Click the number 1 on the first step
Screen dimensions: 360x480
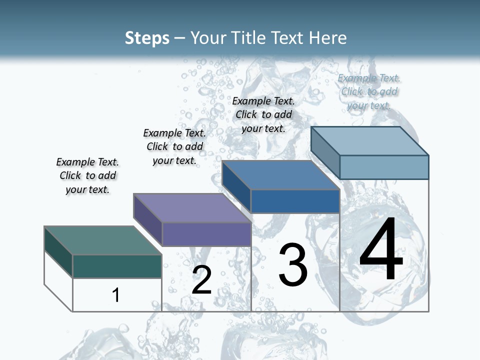pos(116,295)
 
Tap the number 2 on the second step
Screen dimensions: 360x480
pos(201,280)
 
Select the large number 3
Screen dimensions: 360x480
pos(293,265)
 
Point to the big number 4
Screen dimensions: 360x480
pos(381,249)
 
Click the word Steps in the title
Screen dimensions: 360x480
pos(147,38)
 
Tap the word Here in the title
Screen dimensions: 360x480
pos(328,38)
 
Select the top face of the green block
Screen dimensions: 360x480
pos(103,240)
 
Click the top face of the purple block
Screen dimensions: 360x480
pos(192,208)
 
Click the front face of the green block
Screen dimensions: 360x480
pos(117,266)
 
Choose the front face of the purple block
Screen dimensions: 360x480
pos(206,234)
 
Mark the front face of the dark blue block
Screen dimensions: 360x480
pos(295,201)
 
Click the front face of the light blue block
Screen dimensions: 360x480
pos(384,167)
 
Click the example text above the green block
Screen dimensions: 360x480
pos(87,175)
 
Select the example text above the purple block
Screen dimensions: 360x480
pos(174,146)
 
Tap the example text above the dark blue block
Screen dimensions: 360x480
pos(263,114)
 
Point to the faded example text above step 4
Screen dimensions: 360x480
pos(369,91)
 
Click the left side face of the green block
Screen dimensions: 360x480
pos(58,251)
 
